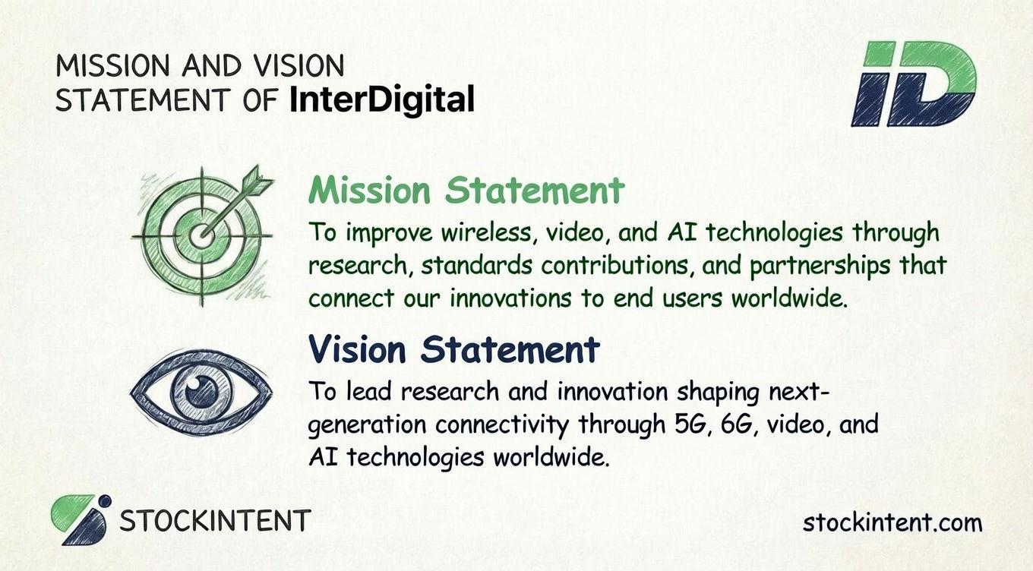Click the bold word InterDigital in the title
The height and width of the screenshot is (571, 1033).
382,99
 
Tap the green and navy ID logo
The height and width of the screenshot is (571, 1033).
913,84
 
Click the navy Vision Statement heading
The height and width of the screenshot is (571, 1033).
453,350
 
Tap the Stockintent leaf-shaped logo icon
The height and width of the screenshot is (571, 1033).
80,520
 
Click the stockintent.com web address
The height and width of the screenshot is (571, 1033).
892,522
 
